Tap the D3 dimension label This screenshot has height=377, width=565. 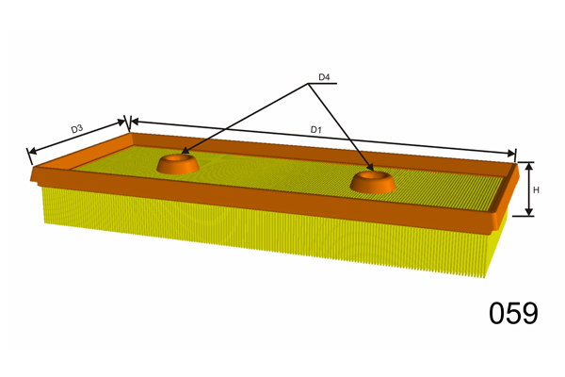click(x=78, y=128)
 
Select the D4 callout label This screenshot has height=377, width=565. click(x=324, y=76)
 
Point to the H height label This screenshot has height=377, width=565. click(x=536, y=190)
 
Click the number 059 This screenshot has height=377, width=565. click(x=513, y=313)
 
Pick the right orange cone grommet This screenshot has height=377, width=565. click(x=373, y=181)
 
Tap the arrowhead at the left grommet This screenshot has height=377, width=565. click(x=185, y=152)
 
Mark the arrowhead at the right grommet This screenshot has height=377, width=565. click(x=368, y=170)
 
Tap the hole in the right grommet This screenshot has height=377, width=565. click(x=373, y=175)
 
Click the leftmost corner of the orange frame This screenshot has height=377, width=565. click(x=32, y=175)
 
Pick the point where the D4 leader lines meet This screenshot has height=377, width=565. click(x=310, y=84)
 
